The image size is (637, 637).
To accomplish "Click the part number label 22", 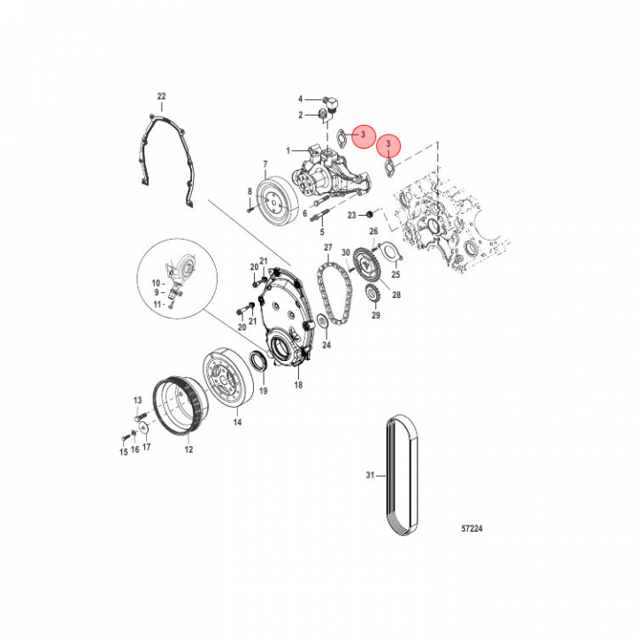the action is tap(162, 96).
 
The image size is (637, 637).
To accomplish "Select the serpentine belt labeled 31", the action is tap(402, 475).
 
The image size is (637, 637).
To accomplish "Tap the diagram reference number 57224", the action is tap(472, 528).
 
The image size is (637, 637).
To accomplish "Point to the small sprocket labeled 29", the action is tap(373, 294).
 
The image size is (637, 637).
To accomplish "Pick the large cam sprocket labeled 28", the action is tap(367, 265).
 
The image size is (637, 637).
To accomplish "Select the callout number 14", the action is tap(238, 423).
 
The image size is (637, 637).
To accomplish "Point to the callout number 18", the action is tap(299, 385).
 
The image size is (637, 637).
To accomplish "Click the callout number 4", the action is tap(301, 99).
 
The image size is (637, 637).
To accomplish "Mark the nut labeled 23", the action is tap(370, 214).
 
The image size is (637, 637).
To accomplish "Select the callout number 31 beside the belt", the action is tap(370, 475).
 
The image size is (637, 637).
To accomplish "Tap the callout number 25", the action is tap(395, 274).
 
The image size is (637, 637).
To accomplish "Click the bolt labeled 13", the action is tap(139, 417).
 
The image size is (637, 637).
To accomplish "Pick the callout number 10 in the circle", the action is tap(156, 283).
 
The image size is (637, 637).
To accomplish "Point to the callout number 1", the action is tap(288, 150).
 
